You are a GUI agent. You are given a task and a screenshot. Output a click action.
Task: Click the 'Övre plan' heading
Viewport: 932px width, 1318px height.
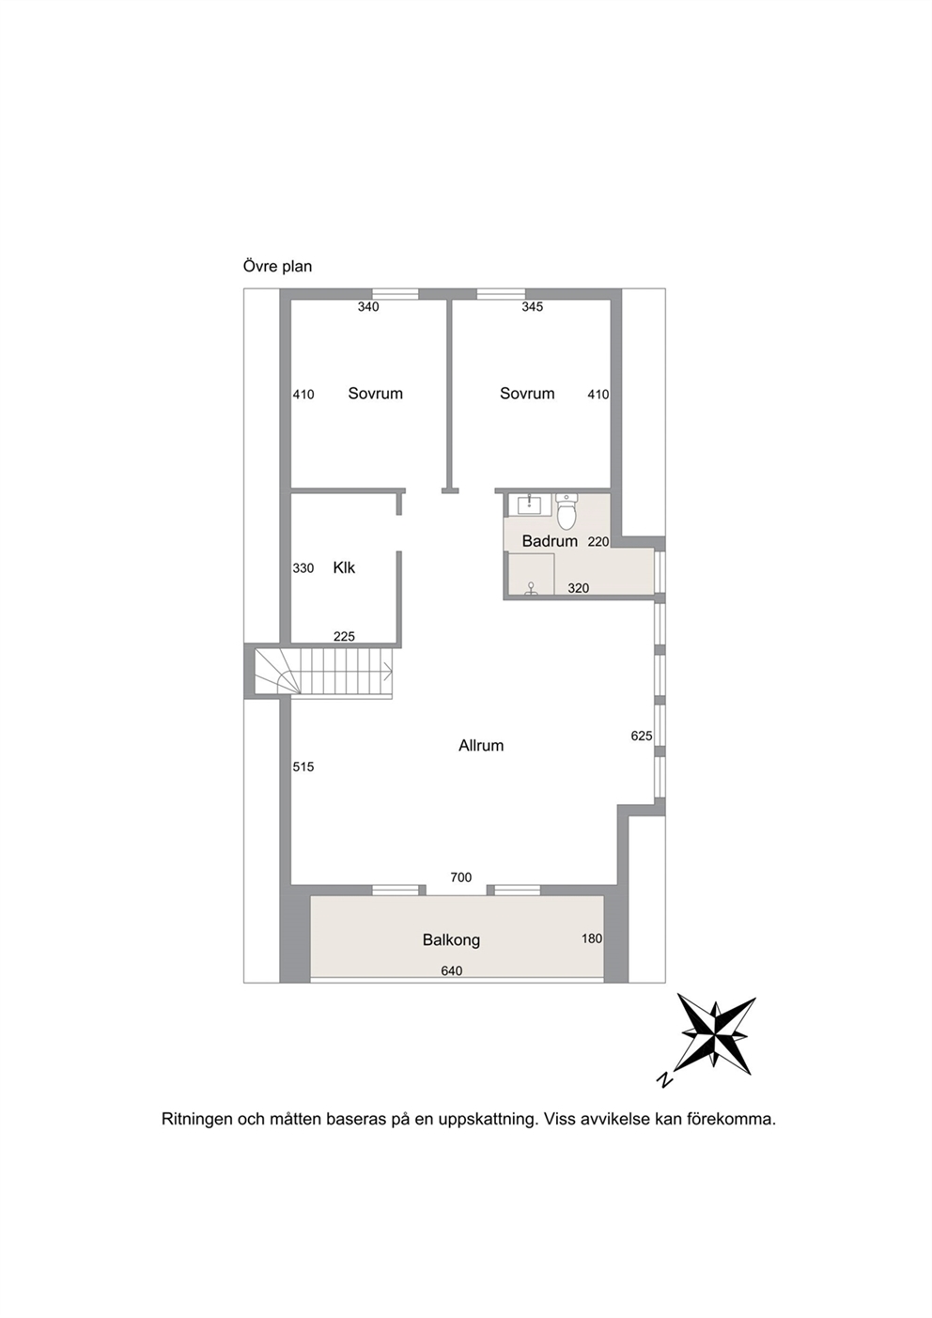tap(277, 267)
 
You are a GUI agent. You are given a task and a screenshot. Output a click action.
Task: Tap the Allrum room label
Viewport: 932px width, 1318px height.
tap(481, 746)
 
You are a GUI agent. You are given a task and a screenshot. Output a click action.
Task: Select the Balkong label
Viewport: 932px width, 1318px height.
tap(451, 940)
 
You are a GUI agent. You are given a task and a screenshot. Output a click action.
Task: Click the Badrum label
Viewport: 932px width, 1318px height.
tap(550, 541)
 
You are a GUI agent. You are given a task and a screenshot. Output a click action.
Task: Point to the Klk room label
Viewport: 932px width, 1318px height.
tap(344, 567)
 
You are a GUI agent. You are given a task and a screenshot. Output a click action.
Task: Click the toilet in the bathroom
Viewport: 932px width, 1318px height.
tap(567, 511)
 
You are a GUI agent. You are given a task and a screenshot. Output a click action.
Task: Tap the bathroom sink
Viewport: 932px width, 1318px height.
tap(530, 504)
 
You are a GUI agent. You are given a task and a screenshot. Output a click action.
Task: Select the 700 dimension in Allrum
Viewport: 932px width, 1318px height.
tap(460, 877)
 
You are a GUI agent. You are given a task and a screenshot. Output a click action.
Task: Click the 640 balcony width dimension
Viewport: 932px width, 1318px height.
tap(451, 970)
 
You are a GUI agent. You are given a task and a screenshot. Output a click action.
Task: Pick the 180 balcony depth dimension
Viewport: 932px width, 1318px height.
tap(592, 938)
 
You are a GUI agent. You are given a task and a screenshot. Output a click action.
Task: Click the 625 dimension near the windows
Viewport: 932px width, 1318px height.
tap(642, 736)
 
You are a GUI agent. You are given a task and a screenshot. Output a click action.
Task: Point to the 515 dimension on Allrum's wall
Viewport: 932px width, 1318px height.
tap(303, 767)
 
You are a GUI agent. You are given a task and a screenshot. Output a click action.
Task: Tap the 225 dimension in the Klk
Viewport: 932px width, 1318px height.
tap(344, 636)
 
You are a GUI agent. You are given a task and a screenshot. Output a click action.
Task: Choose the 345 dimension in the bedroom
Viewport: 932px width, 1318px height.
tap(533, 306)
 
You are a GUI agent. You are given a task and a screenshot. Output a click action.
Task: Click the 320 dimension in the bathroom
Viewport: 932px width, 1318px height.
tap(579, 588)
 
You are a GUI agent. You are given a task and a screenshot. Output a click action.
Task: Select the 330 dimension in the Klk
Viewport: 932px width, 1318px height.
tap(303, 568)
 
